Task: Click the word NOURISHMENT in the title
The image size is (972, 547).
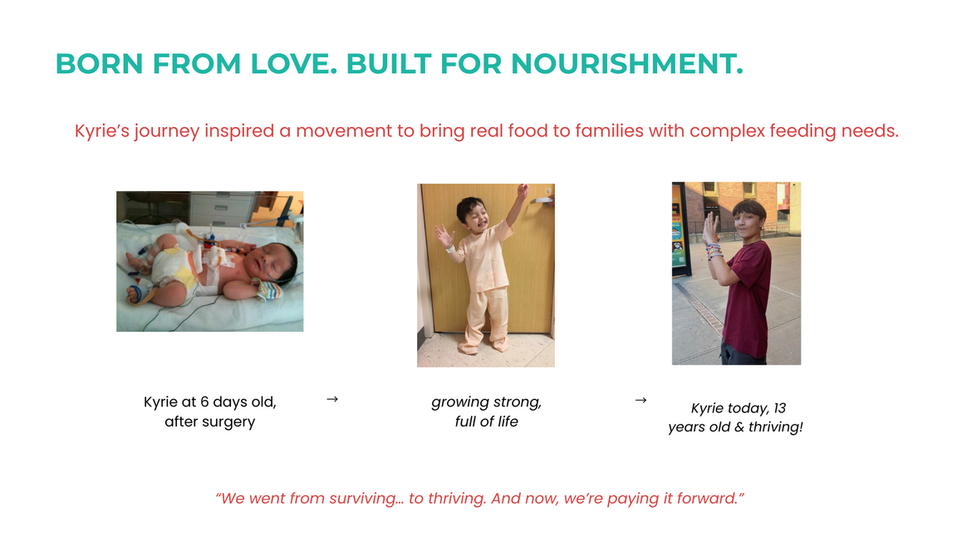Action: (626, 64)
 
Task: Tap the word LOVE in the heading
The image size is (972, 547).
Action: (294, 64)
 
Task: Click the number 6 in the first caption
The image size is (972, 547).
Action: (204, 402)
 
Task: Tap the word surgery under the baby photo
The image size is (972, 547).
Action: (230, 422)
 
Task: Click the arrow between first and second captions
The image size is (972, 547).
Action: (332, 399)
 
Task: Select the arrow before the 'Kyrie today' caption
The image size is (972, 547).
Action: (641, 400)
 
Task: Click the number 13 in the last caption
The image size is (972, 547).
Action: (780, 408)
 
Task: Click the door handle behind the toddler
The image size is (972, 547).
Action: (541, 200)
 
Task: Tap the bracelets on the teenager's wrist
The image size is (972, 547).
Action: (714, 251)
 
